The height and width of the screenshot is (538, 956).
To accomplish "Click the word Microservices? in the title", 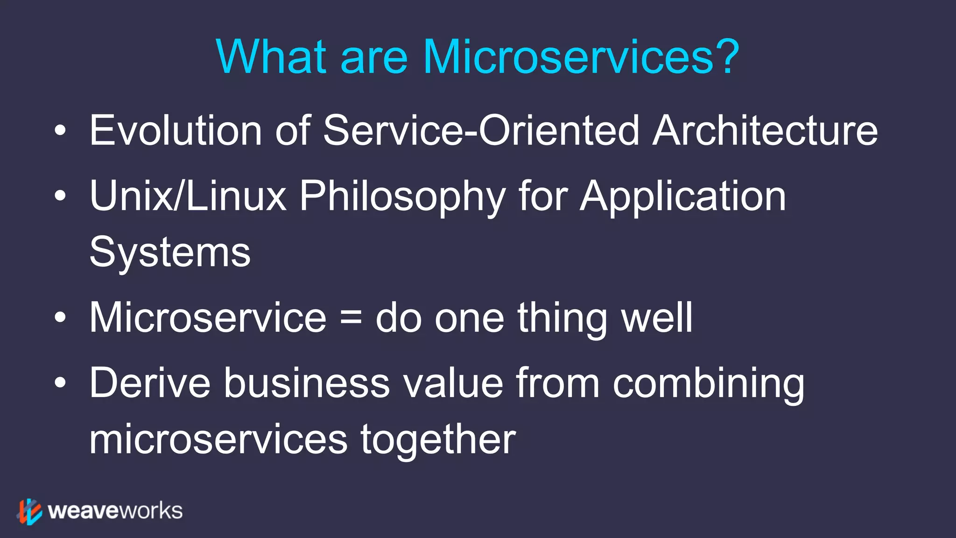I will click(x=581, y=57).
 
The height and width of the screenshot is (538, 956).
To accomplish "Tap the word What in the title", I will click(x=271, y=57).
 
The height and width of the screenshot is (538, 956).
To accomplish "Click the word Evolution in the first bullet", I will click(x=176, y=131).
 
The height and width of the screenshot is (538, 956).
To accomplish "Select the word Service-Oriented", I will click(x=481, y=131).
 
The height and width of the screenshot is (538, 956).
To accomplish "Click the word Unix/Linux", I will click(x=188, y=196).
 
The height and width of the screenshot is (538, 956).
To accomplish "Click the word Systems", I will click(x=170, y=253).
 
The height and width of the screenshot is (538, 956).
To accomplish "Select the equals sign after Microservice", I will click(x=351, y=319).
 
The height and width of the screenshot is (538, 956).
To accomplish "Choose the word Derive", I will click(x=149, y=383).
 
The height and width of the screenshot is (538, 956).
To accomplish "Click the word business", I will click(x=306, y=383).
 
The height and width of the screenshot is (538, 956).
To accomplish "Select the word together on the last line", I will click(x=438, y=440).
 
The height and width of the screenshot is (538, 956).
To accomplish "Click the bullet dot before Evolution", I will click(x=60, y=132).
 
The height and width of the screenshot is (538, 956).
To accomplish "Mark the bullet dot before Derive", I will click(x=60, y=383).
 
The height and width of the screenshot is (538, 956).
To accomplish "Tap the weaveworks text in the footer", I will click(x=115, y=511).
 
